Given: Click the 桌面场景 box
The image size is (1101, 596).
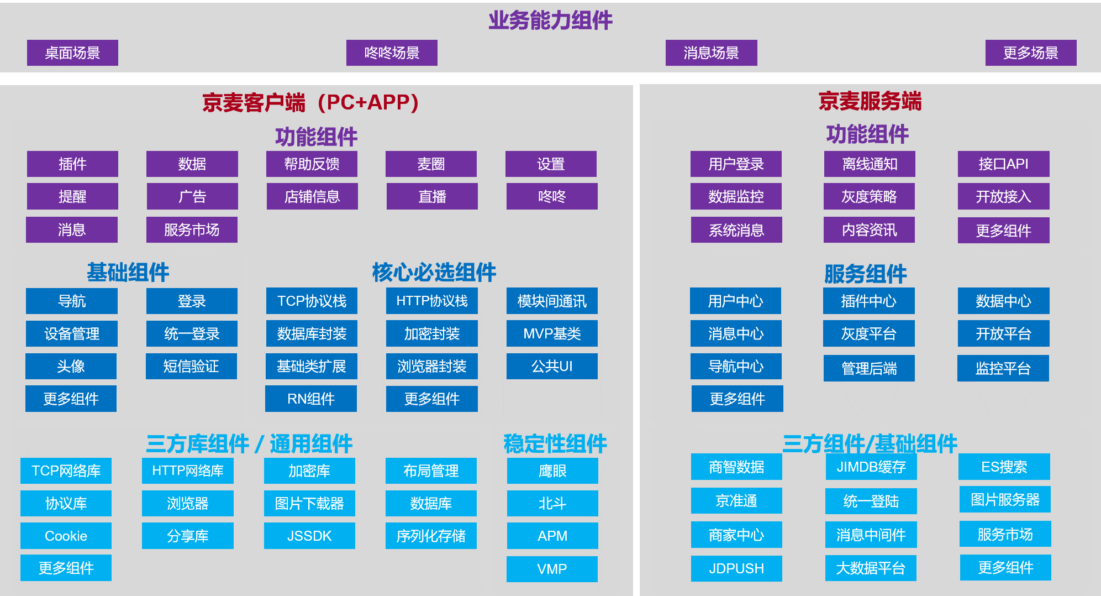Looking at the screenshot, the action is [x=72, y=53].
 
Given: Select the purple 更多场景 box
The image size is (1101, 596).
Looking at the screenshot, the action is [x=1031, y=53].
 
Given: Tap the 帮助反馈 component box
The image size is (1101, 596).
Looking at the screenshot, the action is [x=312, y=164].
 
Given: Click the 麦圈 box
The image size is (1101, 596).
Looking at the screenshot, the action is [x=431, y=164].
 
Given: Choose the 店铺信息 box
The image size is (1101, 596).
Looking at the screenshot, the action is [x=312, y=196].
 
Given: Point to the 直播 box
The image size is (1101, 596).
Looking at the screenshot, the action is [x=432, y=196].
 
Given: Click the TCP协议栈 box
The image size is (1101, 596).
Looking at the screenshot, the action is [x=312, y=301].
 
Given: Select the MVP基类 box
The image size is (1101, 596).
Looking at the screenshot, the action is [x=552, y=333].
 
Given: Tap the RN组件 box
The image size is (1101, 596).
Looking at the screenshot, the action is [x=311, y=399].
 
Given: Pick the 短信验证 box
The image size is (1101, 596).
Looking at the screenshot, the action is [x=191, y=366].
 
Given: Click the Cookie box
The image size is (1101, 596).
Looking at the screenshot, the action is [x=66, y=536].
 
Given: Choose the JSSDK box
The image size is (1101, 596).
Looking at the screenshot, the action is [x=309, y=536].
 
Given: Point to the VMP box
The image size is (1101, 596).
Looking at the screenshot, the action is [x=552, y=569].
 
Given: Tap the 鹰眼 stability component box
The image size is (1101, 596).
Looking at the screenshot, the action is [x=552, y=470].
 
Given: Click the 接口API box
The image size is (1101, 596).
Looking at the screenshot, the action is [x=1004, y=164].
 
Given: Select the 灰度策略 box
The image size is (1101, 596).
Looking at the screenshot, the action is [x=869, y=196].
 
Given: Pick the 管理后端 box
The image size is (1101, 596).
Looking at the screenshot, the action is [x=869, y=368].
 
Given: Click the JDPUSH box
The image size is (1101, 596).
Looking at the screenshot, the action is [x=736, y=568].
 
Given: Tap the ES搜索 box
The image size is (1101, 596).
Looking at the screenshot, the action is [x=1004, y=467].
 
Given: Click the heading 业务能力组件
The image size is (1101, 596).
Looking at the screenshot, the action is [x=550, y=20].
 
